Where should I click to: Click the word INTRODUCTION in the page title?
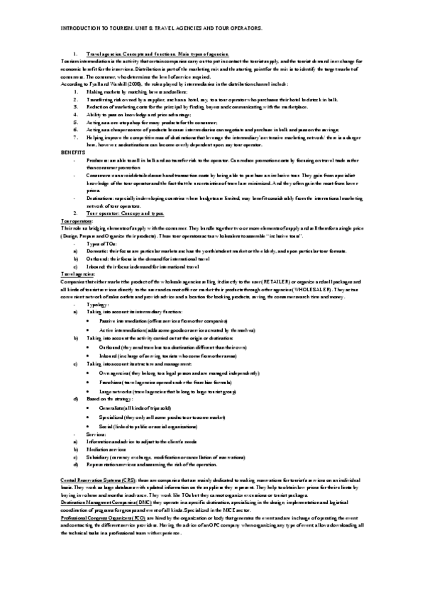coord(67,28)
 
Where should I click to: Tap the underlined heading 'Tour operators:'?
coord(70,221)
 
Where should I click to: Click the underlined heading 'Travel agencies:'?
coord(72,272)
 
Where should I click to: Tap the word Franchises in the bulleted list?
coord(113,382)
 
